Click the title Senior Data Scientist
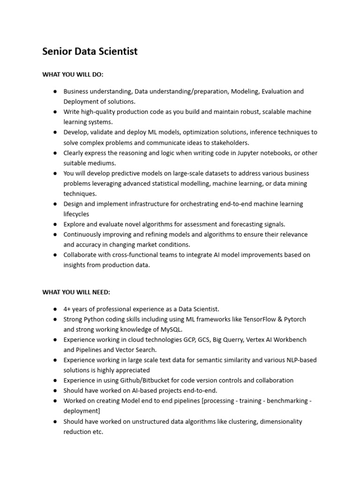90,52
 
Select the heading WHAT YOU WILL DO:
73,75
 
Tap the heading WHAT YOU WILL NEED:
76,292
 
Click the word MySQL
170,329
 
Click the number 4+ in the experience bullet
67,309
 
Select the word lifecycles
76,214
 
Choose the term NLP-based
300,360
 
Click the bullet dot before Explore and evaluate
55,224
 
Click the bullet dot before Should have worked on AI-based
55,390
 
